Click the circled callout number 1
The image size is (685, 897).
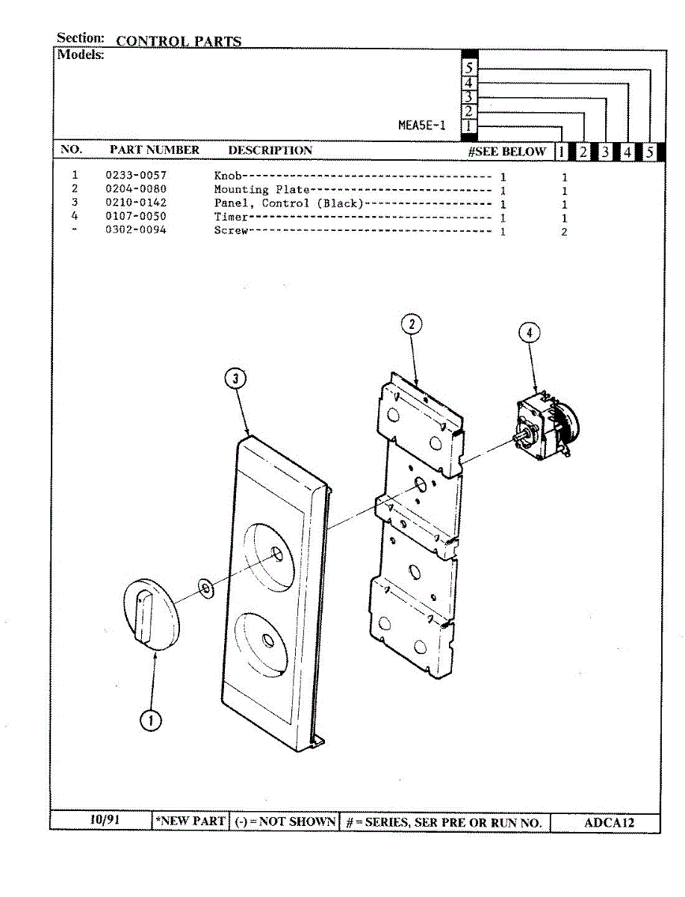(x=151, y=721)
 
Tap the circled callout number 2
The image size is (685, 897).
(x=412, y=324)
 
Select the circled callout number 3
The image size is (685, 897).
(x=235, y=380)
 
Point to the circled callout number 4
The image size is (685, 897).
(x=529, y=333)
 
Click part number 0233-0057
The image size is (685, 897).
(x=135, y=176)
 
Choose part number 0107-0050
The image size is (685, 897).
(x=135, y=217)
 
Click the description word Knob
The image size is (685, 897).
(x=226, y=176)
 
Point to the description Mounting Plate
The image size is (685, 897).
(x=261, y=190)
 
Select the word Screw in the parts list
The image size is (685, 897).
(x=230, y=230)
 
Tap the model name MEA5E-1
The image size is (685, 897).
(x=422, y=126)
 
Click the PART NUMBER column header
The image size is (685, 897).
(x=155, y=150)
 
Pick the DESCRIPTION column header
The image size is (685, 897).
(x=270, y=150)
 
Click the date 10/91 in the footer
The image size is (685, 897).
(x=104, y=819)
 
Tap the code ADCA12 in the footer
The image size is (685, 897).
(x=609, y=823)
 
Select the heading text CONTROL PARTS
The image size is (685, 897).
(x=179, y=41)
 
